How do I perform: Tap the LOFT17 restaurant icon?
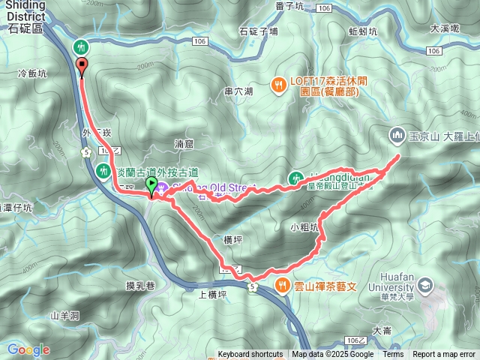(x=277, y=85)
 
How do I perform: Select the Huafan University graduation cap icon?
(x=426, y=285)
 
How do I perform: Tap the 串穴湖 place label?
(x=238, y=91)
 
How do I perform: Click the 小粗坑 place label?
(x=304, y=226)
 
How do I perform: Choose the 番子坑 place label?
(x=289, y=7)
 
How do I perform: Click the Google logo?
(x=28, y=349)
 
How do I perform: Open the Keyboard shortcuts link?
(x=250, y=355)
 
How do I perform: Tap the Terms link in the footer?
(x=393, y=355)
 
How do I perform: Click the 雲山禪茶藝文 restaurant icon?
(x=282, y=284)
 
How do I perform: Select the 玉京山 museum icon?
(x=397, y=135)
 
